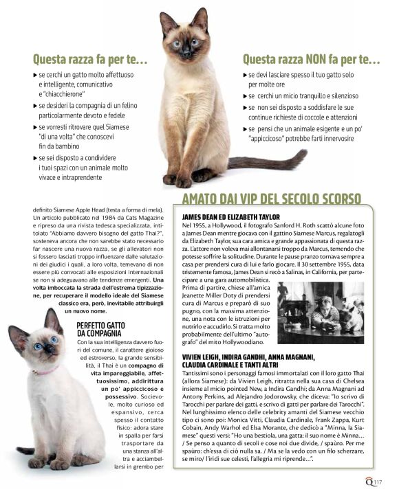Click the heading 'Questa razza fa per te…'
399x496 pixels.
(90, 60)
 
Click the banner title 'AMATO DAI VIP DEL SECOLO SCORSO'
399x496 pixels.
(271, 200)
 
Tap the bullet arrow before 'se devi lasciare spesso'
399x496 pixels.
(245, 74)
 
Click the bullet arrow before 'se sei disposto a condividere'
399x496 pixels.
(36, 158)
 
